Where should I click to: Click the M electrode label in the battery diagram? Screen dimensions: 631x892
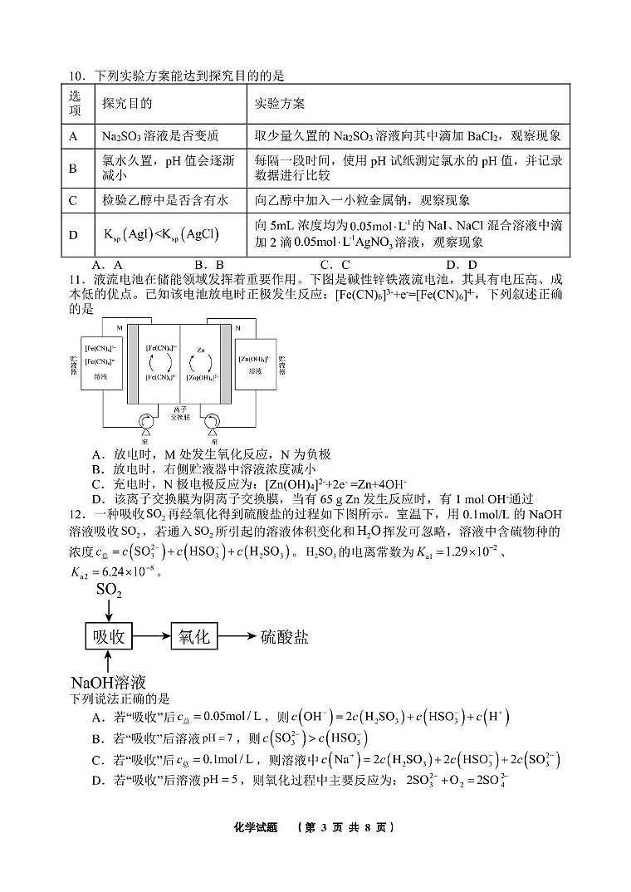point(120,327)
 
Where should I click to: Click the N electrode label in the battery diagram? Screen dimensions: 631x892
point(239,327)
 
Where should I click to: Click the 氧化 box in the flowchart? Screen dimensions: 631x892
point(193,636)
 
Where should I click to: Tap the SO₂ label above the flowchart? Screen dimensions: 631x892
point(109,591)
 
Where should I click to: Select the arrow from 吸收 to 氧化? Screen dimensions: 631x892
point(152,636)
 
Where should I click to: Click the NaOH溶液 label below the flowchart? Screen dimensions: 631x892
point(109,683)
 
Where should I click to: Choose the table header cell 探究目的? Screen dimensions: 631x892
point(126,104)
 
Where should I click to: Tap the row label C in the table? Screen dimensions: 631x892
point(73,199)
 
